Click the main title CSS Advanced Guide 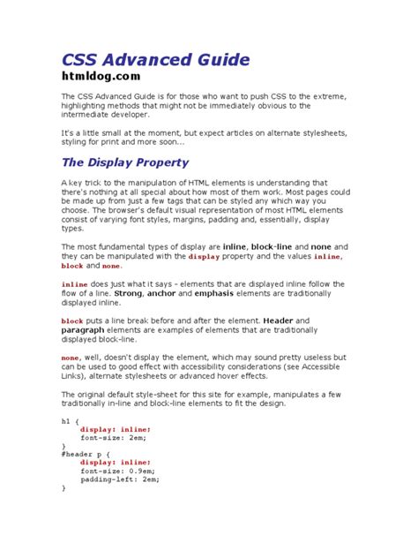click(x=155, y=59)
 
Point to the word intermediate click(x=96, y=115)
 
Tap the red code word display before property click(x=205, y=256)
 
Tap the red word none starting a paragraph click(x=71, y=358)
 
